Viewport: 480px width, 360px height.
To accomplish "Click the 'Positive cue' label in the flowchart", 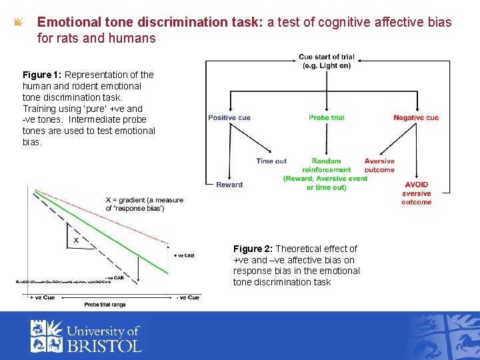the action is (229, 118).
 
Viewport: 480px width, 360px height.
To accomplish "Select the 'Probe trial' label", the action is (327, 118).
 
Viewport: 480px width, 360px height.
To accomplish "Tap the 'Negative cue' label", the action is (416, 118).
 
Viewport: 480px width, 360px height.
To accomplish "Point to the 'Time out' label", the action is (271, 161).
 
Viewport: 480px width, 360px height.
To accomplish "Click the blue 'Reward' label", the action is (229, 185).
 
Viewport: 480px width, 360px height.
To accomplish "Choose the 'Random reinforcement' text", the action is (326, 165).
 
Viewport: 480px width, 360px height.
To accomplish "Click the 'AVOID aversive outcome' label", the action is (417, 193).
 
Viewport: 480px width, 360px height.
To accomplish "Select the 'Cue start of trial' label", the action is (327, 61).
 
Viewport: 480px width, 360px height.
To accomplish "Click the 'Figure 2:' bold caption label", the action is (253, 249).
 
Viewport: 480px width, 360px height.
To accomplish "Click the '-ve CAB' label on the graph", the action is (114, 277).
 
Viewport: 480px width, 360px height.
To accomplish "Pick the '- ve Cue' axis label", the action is (187, 297).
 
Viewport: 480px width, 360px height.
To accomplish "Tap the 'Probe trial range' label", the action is (105, 305).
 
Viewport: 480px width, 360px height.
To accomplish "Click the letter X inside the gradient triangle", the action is (76, 240).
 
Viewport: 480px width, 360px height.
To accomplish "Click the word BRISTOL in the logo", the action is (103, 345).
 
